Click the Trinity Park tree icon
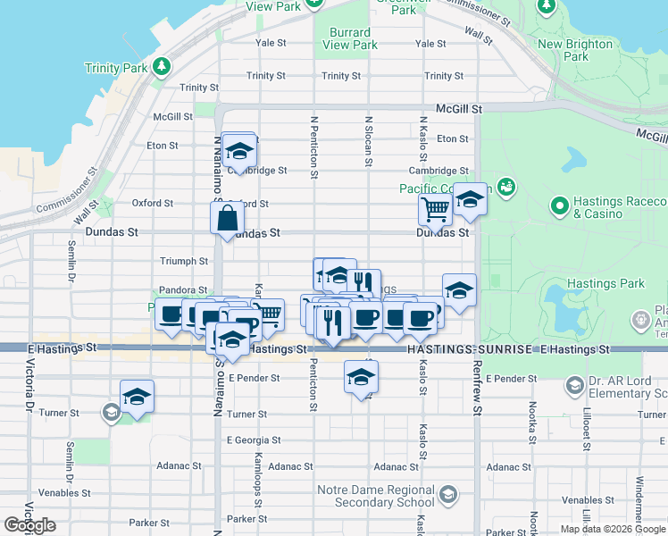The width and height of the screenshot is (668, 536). (161, 67)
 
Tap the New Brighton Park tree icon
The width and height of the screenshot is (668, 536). (546, 7)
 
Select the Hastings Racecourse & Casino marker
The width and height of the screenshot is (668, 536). (560, 207)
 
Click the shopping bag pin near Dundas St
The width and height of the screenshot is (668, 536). (228, 216)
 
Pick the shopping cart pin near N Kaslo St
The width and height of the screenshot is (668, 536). (435, 209)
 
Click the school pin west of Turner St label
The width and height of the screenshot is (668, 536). (137, 396)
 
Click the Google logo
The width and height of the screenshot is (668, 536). (29, 525)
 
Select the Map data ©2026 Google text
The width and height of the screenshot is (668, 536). (613, 529)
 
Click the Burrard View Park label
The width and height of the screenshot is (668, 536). (350, 39)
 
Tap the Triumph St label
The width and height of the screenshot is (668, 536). (183, 261)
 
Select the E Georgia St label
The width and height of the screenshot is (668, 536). (254, 440)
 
